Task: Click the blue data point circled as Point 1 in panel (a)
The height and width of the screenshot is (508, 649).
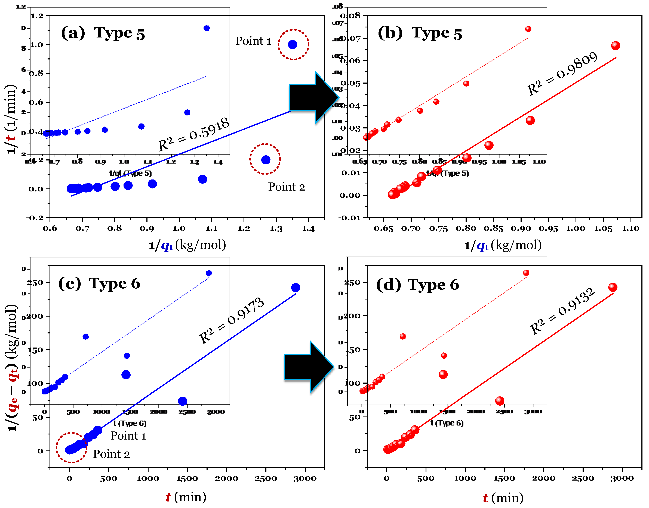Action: [x=293, y=45]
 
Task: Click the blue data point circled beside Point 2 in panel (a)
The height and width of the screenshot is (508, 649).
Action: [x=265, y=160]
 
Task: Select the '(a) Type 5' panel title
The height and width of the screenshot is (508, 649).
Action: [x=103, y=33]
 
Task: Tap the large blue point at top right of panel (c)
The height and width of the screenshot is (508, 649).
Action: [x=295, y=287]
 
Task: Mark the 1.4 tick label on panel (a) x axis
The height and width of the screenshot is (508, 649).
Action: [x=308, y=228]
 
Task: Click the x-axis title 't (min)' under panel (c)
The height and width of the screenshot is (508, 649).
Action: [x=186, y=497]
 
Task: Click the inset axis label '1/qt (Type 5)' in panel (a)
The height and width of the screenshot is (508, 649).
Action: [x=130, y=173]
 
